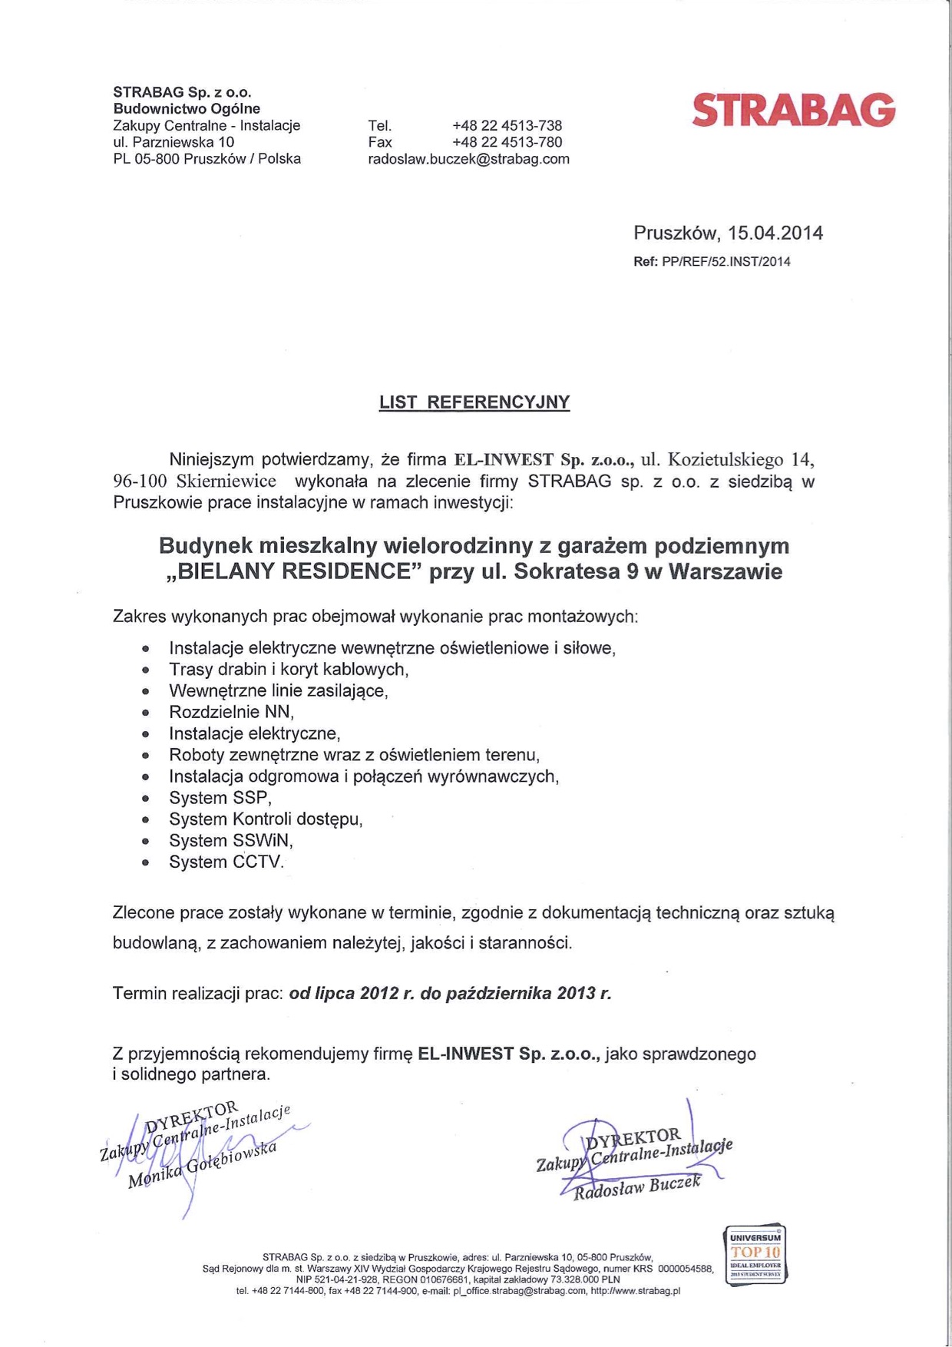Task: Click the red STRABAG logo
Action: (x=793, y=110)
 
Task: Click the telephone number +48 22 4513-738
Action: (x=507, y=125)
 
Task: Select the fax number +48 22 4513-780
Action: (x=507, y=142)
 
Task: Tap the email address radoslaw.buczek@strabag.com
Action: (x=468, y=159)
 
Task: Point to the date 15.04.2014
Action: (x=775, y=233)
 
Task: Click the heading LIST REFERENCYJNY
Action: (x=474, y=402)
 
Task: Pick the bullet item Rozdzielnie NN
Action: (x=231, y=712)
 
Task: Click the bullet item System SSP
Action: (x=220, y=798)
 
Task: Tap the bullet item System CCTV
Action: (x=226, y=862)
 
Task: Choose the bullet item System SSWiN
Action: (x=231, y=841)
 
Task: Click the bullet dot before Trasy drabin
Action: (x=145, y=670)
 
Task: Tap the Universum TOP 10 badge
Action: (x=755, y=1255)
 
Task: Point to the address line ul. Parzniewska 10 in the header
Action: (x=174, y=142)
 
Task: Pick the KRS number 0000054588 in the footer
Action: (x=686, y=1269)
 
